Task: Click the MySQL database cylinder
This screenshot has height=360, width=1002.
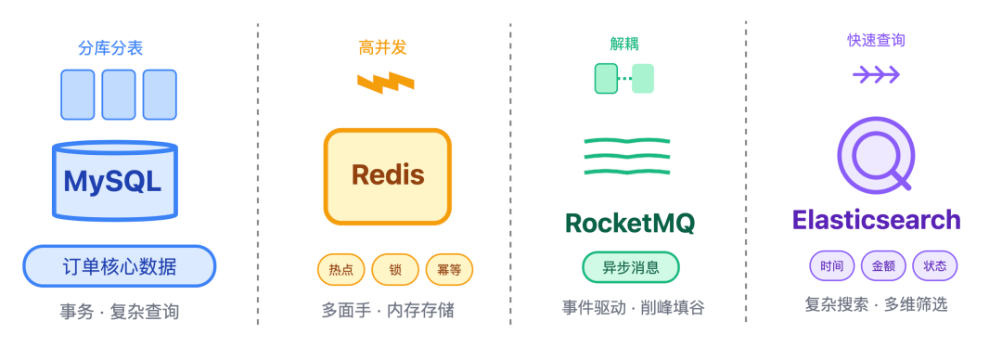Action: (115, 181)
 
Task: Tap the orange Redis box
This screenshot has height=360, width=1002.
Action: (388, 176)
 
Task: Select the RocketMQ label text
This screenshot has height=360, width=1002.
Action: (630, 223)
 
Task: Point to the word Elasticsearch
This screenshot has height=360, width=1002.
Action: (876, 220)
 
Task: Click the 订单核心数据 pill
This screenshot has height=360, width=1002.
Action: (119, 267)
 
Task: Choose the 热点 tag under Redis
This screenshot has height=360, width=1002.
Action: (340, 270)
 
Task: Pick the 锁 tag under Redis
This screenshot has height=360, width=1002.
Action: (395, 270)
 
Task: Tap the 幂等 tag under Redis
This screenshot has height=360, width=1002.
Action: (449, 270)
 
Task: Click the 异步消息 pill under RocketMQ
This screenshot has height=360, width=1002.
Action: (631, 267)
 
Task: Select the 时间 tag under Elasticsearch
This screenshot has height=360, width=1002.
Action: (832, 266)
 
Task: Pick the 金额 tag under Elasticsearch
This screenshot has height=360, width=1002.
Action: (883, 266)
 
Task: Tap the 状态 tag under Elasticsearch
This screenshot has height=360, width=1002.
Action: (935, 266)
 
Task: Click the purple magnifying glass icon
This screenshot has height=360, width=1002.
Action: (876, 155)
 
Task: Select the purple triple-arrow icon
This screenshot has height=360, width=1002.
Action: (876, 75)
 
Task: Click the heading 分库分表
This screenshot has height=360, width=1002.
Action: (111, 47)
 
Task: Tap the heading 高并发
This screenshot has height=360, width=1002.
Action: (383, 47)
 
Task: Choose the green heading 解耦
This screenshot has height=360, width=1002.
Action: (624, 44)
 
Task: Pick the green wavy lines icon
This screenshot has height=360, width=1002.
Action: (627, 156)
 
